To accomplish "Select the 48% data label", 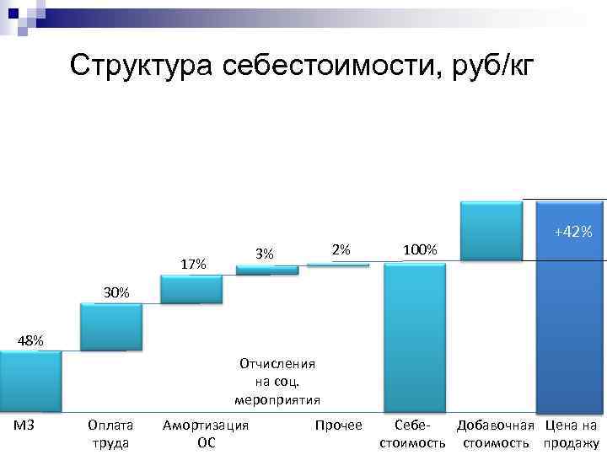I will point(31,340).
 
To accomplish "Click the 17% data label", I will point(194,264).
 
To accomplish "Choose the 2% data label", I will point(341,249).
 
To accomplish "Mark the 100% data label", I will point(420,250).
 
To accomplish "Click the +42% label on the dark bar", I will point(573,231).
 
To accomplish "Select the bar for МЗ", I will point(30,381).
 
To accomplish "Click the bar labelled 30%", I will point(110,327).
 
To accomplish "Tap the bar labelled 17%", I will point(191,289).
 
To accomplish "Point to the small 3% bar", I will point(266,270).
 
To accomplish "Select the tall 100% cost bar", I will point(414,337).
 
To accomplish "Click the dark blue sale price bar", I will point(571,329).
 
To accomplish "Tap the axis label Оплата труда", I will point(110,433).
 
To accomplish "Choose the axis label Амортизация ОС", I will point(206,433).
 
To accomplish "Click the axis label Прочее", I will point(338,425).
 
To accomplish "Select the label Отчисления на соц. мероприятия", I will point(277,381).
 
